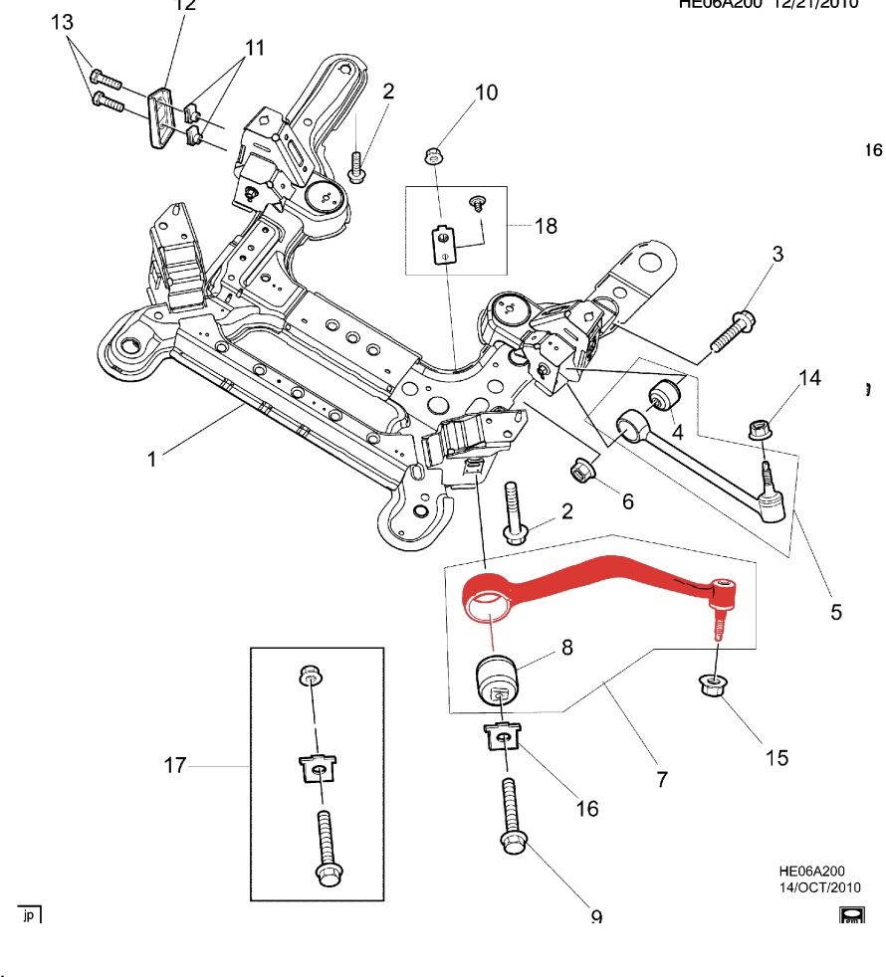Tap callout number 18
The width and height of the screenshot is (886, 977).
point(546,226)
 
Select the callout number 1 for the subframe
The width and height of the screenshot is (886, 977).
point(151,459)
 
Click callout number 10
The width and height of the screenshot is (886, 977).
point(486,94)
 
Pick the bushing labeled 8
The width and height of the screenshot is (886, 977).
point(495,680)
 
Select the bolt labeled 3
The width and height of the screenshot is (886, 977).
point(737,328)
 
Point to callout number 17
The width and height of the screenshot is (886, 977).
point(175,765)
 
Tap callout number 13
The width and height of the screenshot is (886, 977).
point(62,22)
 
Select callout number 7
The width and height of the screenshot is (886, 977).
point(662,780)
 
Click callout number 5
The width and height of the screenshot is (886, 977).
point(836,612)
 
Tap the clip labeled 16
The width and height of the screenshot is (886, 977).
point(502,737)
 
